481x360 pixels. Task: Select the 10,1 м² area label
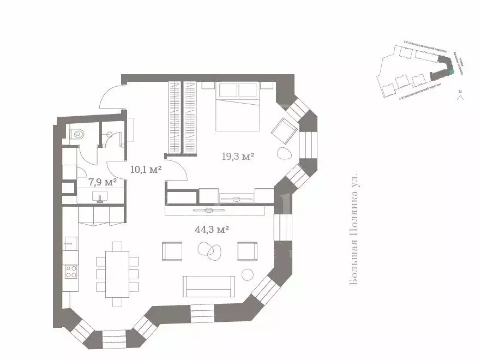pyautogui.click(x=146, y=170)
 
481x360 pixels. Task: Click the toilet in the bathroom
pyautogui.click(x=77, y=133)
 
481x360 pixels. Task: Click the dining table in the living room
pyautogui.click(x=117, y=273)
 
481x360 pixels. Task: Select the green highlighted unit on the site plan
pyautogui.click(x=451, y=72)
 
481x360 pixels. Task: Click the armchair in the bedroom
pyautogui.click(x=284, y=130)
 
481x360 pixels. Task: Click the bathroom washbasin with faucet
pyautogui.click(x=100, y=196)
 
